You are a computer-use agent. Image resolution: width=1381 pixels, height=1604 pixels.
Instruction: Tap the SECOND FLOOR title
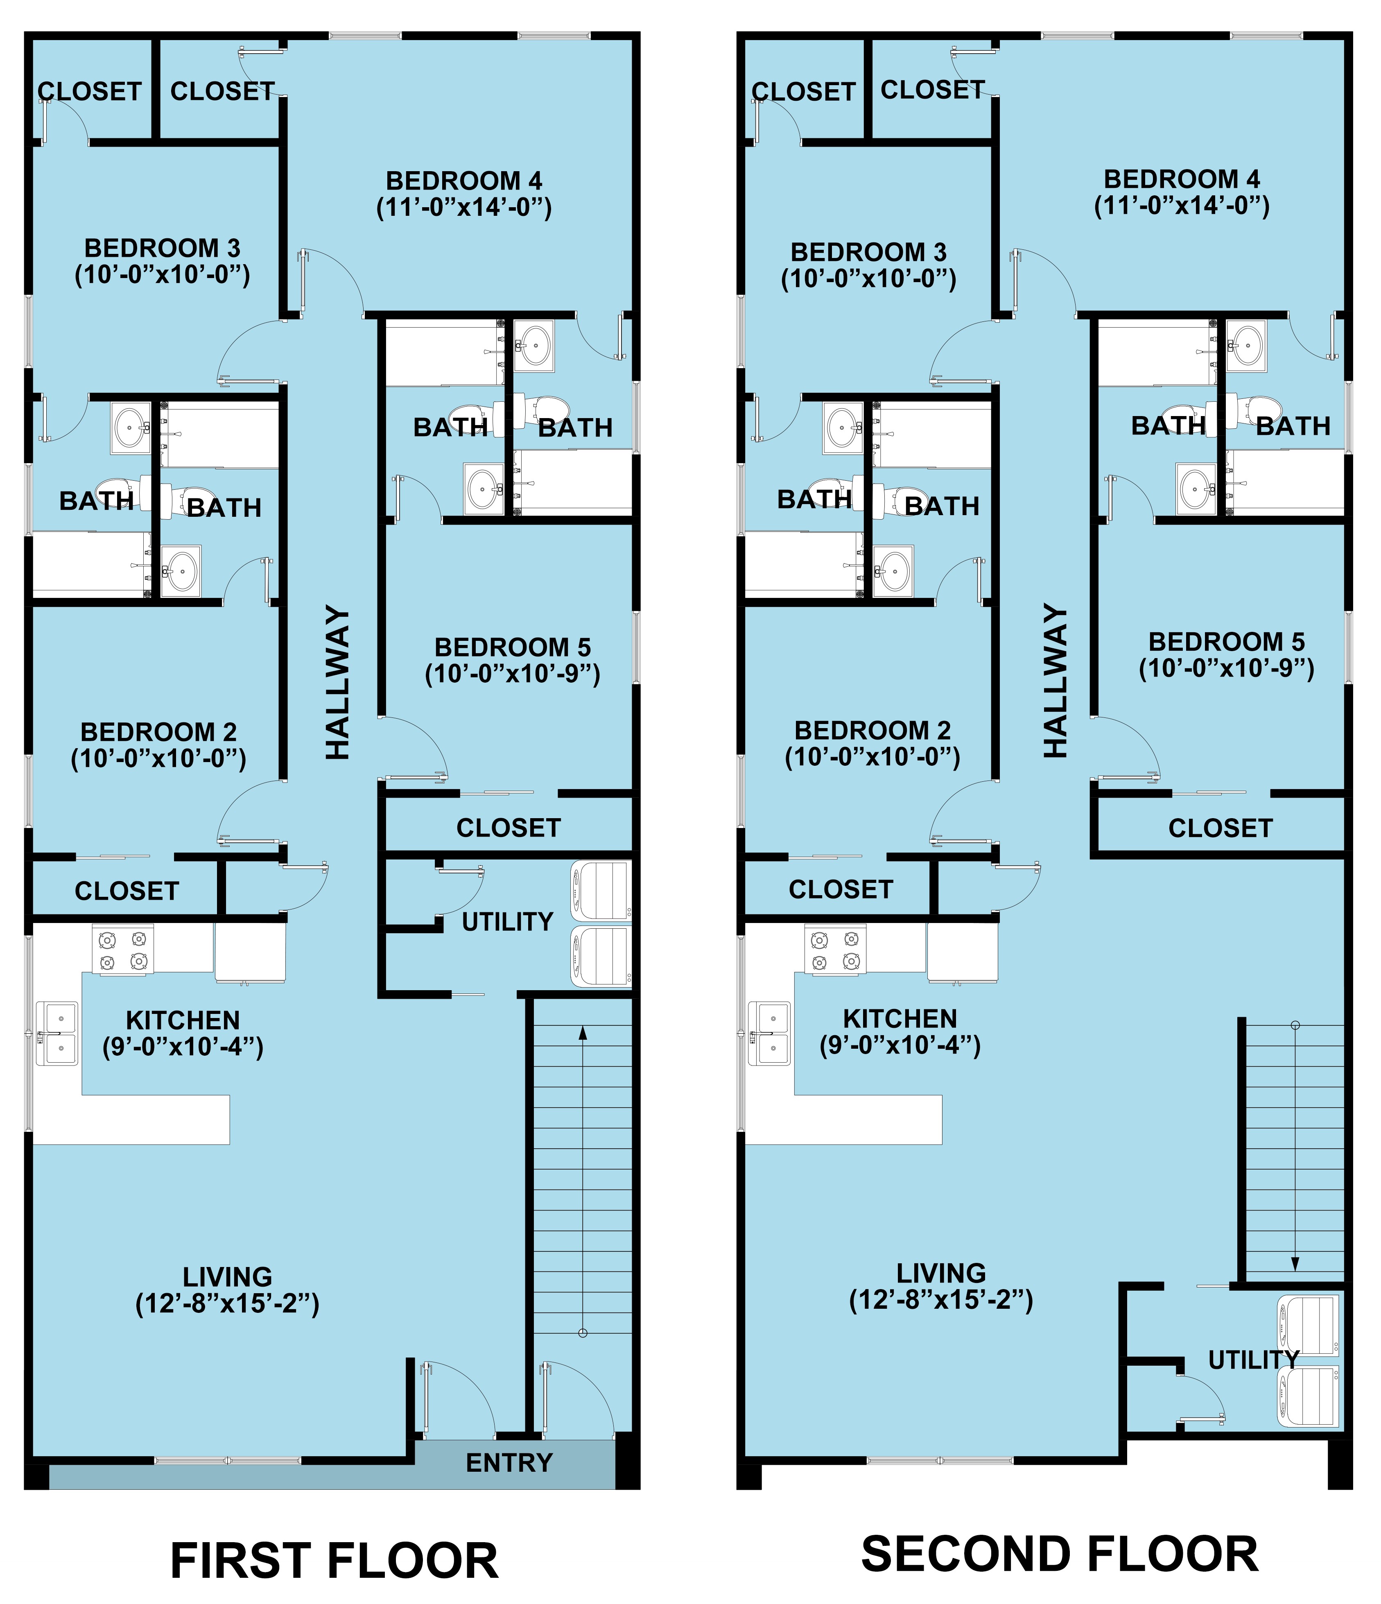click(x=1060, y=1554)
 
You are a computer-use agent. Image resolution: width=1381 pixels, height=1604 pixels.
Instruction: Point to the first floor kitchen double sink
click(x=57, y=1034)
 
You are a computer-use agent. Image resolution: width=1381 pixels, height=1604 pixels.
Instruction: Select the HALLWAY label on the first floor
click(x=337, y=682)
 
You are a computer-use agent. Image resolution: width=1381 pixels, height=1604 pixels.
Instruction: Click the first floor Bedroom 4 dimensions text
click(x=464, y=208)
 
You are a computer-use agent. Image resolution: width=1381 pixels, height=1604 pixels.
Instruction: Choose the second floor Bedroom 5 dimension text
click(x=1226, y=668)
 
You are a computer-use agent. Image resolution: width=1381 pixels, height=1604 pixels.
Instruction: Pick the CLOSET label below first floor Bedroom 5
click(x=509, y=828)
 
